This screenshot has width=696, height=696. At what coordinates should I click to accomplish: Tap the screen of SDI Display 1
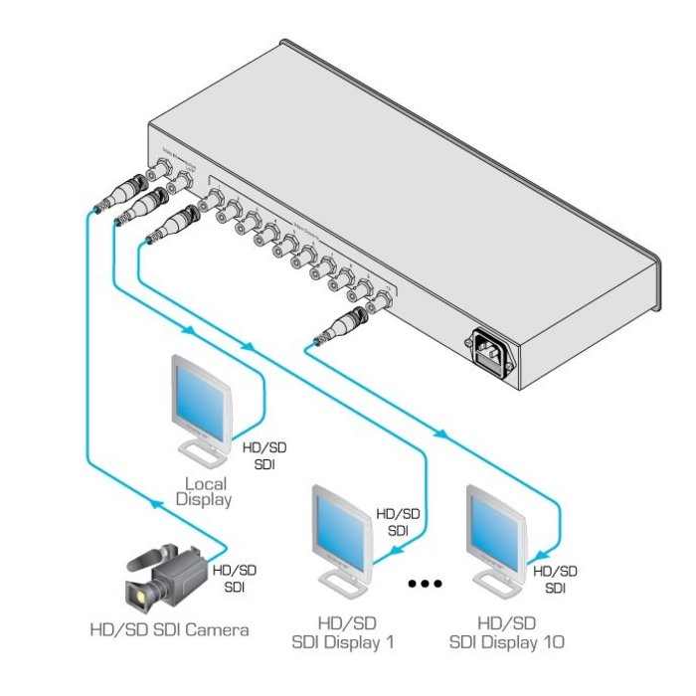click(x=342, y=528)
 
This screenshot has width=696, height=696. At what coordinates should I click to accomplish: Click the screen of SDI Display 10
click(x=498, y=528)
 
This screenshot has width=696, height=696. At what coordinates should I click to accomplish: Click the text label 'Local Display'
click(x=203, y=491)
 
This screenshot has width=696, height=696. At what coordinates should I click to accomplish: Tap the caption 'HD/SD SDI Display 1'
click(x=342, y=632)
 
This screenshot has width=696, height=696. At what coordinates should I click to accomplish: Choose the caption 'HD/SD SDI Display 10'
click(x=506, y=632)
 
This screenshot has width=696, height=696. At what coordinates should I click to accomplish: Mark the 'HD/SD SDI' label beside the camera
click(x=236, y=578)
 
